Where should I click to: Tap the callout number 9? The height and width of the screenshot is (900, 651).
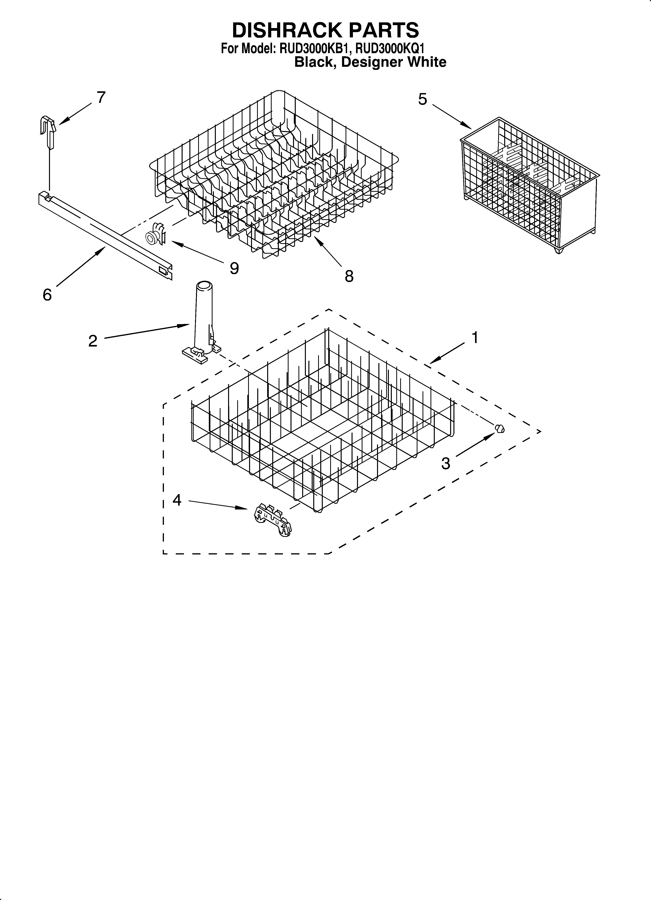point(234,269)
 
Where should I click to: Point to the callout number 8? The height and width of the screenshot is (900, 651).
point(349,276)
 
